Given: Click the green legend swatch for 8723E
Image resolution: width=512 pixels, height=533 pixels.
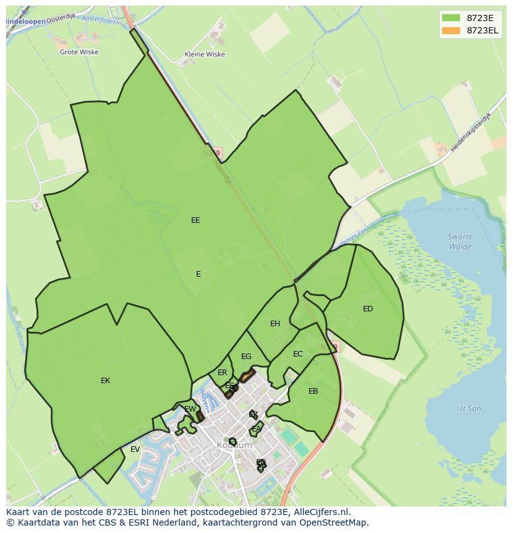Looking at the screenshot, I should pos(451,18).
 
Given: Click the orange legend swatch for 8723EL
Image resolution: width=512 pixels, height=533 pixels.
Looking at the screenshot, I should pos(451,30).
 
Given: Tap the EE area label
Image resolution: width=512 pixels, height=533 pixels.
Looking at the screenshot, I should pos(195,220).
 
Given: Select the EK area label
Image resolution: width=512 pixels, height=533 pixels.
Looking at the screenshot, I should pos(105,381).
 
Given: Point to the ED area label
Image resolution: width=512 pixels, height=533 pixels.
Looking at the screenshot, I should pos(368,309).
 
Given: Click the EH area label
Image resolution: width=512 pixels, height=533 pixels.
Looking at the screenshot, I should pos(275,323).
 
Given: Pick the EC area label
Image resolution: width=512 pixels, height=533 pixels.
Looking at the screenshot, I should pos(298,354).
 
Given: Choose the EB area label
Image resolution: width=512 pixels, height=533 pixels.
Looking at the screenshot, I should pos(313,391).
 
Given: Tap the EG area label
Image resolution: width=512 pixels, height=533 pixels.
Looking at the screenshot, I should pos(246,357).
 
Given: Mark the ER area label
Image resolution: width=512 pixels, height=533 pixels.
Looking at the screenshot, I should pos(223,373).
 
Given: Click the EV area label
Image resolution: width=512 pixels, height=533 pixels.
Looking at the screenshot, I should pos(135,449).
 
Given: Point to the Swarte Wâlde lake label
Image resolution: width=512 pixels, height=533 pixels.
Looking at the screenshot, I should pos(461,241).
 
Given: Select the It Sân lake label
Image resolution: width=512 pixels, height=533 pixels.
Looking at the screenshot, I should pos(471,409).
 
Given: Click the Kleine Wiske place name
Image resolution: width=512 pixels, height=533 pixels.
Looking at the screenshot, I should pos(205,54).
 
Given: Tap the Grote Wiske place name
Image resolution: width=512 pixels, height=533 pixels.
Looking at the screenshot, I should pos(79,52).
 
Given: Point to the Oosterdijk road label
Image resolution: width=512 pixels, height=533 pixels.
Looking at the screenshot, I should pos(60,17).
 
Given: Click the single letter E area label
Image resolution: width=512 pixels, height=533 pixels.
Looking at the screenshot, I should pos(198,274).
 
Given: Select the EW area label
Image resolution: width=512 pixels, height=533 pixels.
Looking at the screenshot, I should pos(190,409).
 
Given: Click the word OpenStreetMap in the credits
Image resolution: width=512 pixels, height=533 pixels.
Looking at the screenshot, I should pos(336,522).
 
